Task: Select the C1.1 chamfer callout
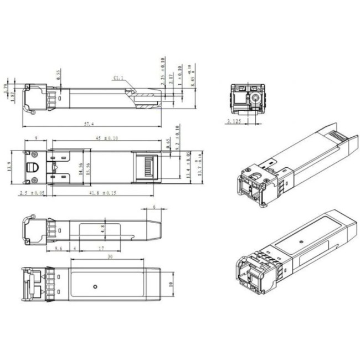[119, 78]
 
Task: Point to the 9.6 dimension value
[59, 249]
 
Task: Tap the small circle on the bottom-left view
[96, 286]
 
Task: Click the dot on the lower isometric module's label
[300, 241]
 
